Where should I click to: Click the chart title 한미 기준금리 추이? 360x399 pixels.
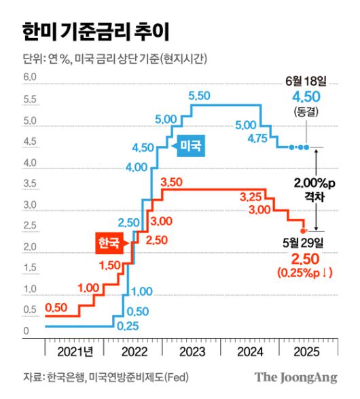tap(94, 31)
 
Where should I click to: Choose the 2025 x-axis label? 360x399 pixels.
tap(309, 352)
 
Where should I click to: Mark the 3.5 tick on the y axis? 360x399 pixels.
tap(29, 184)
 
